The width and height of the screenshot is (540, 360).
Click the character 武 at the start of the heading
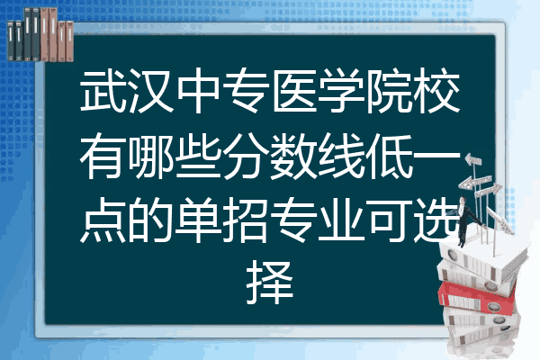(x=102, y=94)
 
